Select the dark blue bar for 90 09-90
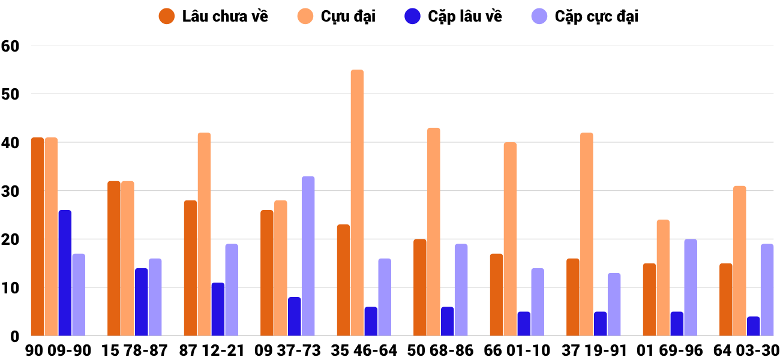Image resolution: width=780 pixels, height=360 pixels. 65,273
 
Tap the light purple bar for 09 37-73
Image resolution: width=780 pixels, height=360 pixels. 308,256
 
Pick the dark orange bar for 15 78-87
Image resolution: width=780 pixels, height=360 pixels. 114,259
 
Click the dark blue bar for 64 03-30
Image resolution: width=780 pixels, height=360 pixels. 753,326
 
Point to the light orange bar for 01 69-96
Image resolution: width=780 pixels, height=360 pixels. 663,278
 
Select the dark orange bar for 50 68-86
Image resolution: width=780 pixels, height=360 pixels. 420,288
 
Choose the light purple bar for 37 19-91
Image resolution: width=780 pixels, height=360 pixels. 614,305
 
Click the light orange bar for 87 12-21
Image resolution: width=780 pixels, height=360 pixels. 204,235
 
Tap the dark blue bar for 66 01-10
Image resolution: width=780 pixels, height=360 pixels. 524,324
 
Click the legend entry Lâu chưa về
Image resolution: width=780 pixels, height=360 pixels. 214,16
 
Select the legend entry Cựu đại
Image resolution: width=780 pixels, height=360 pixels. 337,16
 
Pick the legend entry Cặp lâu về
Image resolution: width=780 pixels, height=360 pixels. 453,16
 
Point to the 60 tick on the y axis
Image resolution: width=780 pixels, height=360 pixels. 11,46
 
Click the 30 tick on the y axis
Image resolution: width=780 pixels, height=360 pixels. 11,191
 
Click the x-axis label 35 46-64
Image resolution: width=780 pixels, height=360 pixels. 364,350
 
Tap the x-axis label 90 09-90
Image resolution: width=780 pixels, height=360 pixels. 58,350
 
